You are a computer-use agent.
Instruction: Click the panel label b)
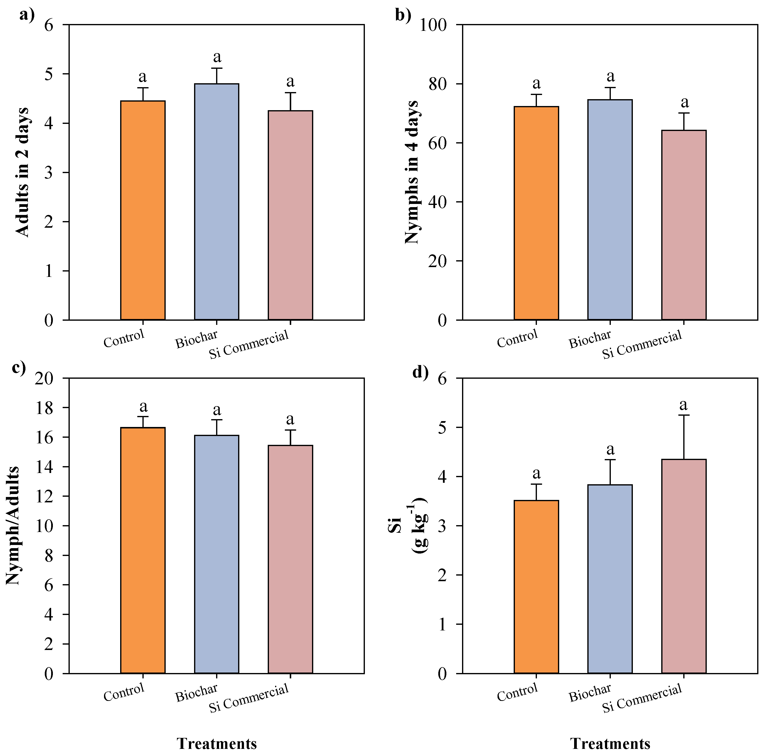click(403, 15)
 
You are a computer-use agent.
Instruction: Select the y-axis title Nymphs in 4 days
click(412, 172)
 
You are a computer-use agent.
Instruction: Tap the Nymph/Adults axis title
click(13, 526)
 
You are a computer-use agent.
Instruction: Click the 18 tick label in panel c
click(44, 408)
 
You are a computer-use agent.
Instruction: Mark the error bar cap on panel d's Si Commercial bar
click(684, 415)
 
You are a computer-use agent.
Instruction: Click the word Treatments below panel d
click(610, 743)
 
